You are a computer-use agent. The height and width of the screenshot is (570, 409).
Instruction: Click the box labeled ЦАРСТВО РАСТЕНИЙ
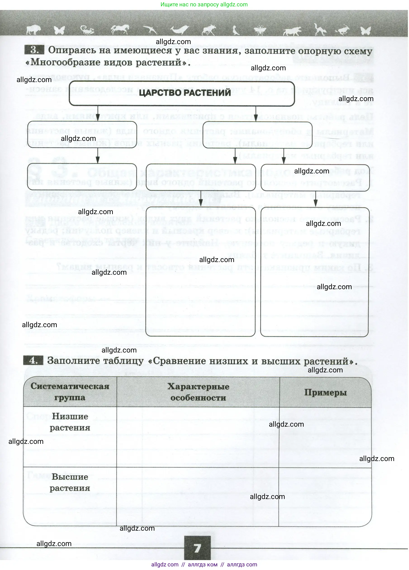pyautogui.click(x=182, y=93)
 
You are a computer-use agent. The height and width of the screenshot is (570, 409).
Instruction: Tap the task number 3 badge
pyautogui.click(x=34, y=50)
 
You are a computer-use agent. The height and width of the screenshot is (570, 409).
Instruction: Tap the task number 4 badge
pyautogui.click(x=33, y=361)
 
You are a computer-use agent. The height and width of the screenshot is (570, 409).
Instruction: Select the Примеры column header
pyautogui.click(x=325, y=392)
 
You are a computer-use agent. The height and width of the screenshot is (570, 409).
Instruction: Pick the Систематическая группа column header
pyautogui.click(x=70, y=392)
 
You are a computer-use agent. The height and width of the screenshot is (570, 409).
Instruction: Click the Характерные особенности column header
pyautogui.click(x=198, y=392)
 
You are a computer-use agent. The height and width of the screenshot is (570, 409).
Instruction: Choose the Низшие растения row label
pyautogui.click(x=70, y=422)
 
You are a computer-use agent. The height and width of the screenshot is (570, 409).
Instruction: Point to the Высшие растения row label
pyautogui.click(x=70, y=482)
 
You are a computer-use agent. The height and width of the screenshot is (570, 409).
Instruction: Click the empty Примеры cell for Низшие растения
pyautogui.click(x=325, y=437)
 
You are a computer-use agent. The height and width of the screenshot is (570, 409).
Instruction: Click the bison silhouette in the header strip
pyautogui.click(x=33, y=30)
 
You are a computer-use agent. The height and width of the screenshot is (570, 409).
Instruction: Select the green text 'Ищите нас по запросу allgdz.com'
pyautogui.click(x=204, y=5)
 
